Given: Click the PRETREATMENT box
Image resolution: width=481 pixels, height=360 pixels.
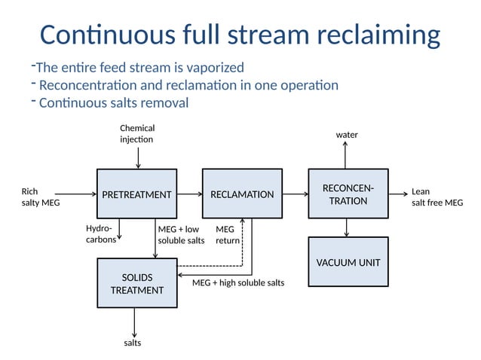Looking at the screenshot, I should [x=136, y=194].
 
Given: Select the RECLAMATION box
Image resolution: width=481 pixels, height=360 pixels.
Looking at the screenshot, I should [x=242, y=194].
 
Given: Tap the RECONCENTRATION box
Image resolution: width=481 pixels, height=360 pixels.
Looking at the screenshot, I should [x=348, y=194].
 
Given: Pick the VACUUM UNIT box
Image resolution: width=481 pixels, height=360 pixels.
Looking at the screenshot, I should [x=348, y=262].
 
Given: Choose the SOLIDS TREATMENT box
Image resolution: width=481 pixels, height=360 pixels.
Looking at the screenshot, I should [x=136, y=284].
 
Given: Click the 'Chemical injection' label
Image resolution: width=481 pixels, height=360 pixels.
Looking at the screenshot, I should [x=136, y=134].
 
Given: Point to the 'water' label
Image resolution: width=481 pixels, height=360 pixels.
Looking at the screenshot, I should [x=347, y=135].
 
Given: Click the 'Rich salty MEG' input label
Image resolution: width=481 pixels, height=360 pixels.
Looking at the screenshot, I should [x=40, y=197].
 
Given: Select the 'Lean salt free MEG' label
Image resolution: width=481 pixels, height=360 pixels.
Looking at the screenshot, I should [x=437, y=197].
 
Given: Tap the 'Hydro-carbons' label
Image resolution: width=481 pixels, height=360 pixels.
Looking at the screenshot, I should [x=101, y=234].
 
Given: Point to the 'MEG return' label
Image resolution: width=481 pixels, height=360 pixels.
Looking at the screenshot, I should [x=228, y=235].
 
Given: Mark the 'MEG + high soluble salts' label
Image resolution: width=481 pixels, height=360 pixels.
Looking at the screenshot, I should [x=238, y=282].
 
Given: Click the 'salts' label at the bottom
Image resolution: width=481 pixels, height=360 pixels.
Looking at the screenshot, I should [x=133, y=343].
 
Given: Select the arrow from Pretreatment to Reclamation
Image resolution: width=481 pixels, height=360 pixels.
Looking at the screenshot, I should [x=189, y=194].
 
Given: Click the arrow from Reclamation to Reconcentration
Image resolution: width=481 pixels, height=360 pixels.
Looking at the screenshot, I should [x=295, y=194].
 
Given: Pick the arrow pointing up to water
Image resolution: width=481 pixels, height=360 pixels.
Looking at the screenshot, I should [x=346, y=156].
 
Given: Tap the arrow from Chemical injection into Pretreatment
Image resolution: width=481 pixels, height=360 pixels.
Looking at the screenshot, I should [x=137, y=157].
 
